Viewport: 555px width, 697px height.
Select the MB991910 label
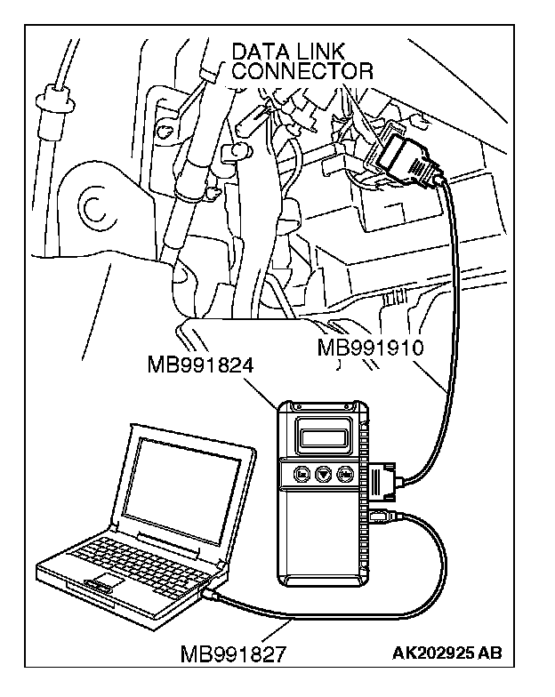(x=369, y=347)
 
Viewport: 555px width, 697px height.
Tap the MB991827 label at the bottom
(x=233, y=655)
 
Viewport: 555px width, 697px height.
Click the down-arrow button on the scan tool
(x=323, y=475)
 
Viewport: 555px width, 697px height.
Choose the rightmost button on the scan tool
(x=346, y=475)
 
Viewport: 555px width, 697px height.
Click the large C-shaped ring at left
(x=92, y=206)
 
